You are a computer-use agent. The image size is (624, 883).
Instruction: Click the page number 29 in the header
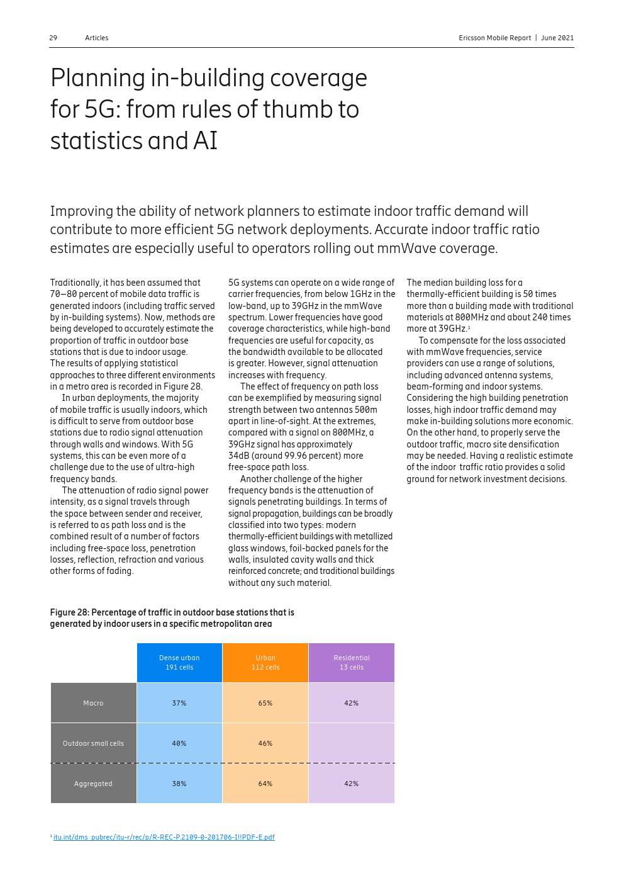coord(53,38)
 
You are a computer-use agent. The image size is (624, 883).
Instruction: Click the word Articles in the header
coord(96,38)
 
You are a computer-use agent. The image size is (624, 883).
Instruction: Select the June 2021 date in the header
coord(557,38)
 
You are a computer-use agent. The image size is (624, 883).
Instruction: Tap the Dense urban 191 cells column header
coord(179,663)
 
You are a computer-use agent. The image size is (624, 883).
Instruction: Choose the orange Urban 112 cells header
coord(265,663)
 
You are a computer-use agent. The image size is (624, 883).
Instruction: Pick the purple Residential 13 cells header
coord(352,663)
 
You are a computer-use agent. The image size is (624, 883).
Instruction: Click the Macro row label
coord(93,703)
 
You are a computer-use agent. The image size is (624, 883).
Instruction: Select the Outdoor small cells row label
coord(93,743)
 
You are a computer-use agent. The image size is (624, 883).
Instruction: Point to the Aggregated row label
coord(93,784)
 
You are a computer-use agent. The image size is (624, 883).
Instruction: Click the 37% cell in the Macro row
coord(179,703)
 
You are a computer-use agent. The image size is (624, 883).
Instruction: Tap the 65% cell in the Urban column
coord(265,703)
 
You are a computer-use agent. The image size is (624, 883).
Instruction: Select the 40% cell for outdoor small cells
coord(179,743)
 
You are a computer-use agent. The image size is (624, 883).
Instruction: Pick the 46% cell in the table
coord(265,743)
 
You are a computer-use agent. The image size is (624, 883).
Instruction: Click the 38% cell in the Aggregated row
coord(179,784)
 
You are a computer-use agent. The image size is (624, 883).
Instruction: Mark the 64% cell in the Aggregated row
coord(265,784)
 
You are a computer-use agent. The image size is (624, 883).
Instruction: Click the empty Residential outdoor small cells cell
coord(352,743)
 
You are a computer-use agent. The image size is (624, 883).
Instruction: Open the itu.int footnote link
coord(164,837)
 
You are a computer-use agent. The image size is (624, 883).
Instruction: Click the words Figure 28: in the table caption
coord(69,612)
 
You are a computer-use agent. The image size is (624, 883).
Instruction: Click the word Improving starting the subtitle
coord(81,211)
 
